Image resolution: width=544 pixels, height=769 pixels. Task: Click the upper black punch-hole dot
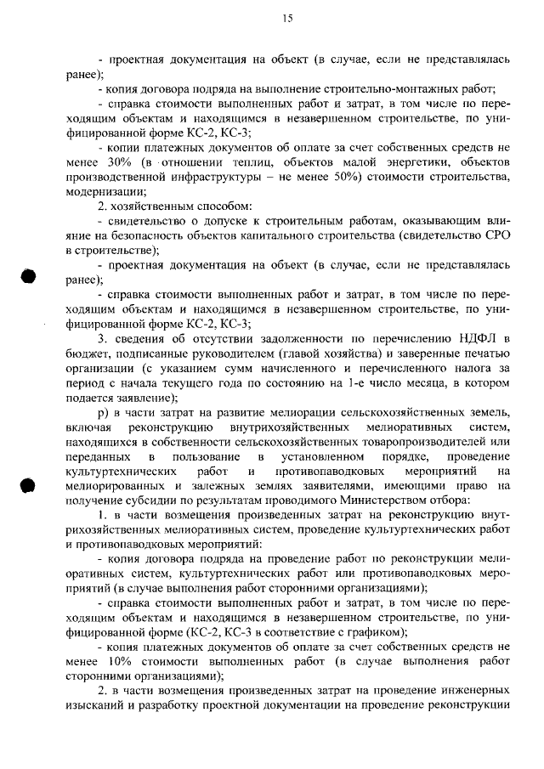[x=29, y=277]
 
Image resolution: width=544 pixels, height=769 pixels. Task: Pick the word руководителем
[x=260, y=355]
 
